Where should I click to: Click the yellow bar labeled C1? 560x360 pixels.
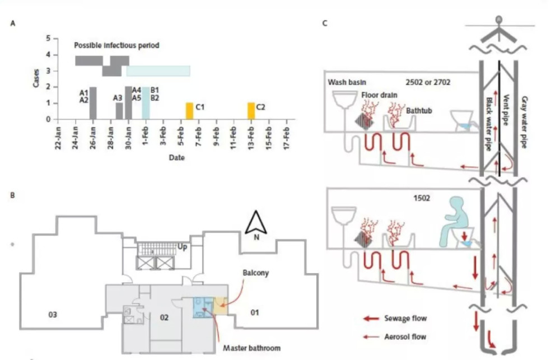[189, 111]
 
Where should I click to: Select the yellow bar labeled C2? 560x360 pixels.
[251, 111]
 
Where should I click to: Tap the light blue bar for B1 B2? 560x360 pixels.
[146, 103]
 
